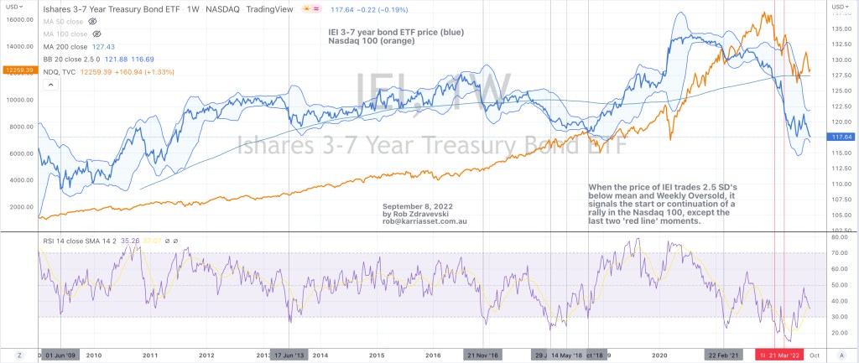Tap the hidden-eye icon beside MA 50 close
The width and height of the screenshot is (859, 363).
(92, 19)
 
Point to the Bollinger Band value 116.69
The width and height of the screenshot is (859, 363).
(160, 60)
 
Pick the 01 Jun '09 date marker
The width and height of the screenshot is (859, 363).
(62, 355)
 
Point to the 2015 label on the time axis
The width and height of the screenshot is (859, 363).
(376, 355)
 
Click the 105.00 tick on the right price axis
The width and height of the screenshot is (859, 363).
(839, 214)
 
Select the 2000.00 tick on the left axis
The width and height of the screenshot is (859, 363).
(18, 207)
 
